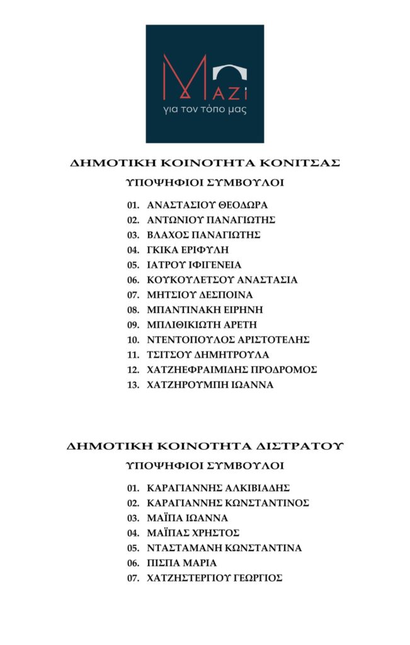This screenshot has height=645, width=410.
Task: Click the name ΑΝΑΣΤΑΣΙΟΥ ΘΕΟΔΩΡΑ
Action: tap(207, 205)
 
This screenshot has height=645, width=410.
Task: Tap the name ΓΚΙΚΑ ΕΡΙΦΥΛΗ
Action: tap(188, 250)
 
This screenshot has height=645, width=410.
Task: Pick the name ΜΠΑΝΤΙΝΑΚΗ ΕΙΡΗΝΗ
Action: tap(204, 310)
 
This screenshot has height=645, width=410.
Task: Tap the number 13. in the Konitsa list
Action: tap(132, 385)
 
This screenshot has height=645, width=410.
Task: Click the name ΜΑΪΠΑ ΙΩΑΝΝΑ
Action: tap(187, 518)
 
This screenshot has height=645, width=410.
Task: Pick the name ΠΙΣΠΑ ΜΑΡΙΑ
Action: tap(181, 563)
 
